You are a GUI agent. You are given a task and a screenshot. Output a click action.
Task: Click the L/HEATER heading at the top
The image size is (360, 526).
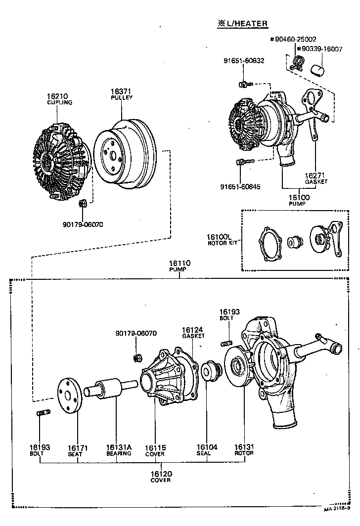[x=242, y=23]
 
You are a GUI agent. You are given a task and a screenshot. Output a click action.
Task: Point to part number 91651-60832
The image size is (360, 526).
[x=244, y=61]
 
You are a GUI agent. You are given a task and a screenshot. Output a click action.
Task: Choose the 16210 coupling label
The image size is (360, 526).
[x=59, y=99]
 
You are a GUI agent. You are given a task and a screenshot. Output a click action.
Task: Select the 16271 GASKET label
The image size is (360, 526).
[x=316, y=178]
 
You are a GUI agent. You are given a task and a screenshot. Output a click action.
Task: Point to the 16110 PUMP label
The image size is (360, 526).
[x=179, y=266]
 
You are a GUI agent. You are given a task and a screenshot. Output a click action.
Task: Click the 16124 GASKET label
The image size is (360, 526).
[x=193, y=332]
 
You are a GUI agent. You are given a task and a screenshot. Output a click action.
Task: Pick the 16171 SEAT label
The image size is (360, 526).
[x=78, y=450]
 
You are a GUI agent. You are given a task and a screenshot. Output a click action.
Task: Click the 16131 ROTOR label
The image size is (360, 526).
[x=244, y=450]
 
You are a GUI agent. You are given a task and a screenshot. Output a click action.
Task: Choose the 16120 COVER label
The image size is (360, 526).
[x=161, y=477]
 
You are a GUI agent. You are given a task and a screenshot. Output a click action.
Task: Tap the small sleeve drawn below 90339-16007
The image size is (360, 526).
[x=316, y=69]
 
